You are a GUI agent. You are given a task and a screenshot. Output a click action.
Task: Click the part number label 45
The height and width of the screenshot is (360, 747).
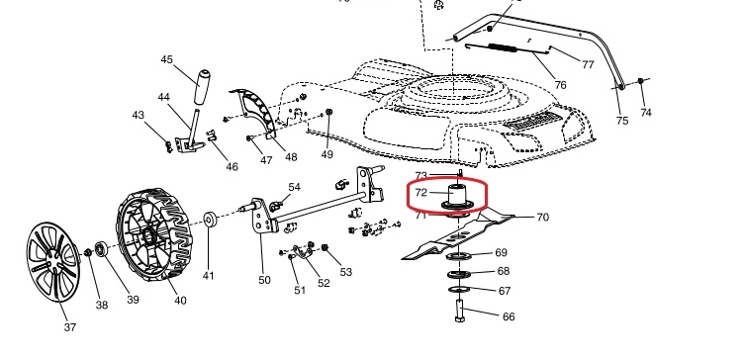click(167, 60)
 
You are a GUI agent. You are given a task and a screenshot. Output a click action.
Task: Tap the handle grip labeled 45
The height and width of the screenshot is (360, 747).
click(202, 87)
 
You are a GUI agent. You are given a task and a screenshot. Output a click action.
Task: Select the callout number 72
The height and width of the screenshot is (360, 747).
click(421, 193)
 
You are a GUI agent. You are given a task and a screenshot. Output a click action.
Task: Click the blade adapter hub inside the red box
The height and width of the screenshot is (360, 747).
click(456, 197)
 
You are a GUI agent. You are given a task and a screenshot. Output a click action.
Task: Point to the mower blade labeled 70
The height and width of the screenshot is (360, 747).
click(458, 235)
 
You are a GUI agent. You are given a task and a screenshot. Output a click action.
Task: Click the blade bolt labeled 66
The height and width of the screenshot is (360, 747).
click(460, 310)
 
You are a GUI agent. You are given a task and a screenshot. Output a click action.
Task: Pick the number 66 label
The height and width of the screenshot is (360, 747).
click(509, 316)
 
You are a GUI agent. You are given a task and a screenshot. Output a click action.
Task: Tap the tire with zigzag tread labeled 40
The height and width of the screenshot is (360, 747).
click(153, 234)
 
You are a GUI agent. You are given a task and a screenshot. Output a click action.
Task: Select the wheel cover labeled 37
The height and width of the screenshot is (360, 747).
click(52, 262)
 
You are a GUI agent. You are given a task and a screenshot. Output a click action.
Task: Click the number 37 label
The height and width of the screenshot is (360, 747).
click(70, 327)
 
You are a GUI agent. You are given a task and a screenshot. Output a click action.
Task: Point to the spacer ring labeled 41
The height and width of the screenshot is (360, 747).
click(210, 220)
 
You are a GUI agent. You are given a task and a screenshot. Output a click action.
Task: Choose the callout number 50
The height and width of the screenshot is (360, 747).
click(265, 281)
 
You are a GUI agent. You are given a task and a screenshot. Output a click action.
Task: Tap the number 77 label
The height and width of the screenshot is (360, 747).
click(589, 64)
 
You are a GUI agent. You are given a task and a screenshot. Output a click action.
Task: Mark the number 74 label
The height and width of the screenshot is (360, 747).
click(646, 113)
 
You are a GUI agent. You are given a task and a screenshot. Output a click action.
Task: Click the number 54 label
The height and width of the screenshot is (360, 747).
click(295, 187)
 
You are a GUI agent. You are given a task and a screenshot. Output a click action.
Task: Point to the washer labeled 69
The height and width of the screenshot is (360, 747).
click(458, 257)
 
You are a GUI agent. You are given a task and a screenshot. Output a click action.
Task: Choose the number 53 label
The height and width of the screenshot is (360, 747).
click(346, 272)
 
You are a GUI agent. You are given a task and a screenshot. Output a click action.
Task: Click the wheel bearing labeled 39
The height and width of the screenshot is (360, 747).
click(100, 249)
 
